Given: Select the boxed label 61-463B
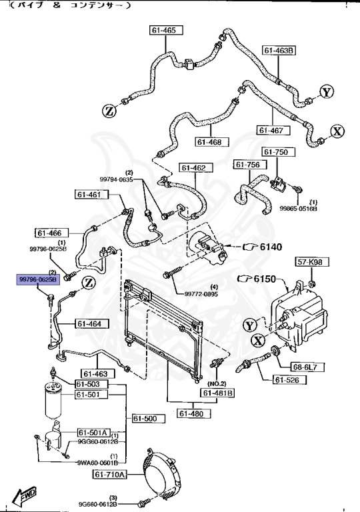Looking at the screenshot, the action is tap(278, 50).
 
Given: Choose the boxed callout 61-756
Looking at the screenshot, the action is tap(249, 165).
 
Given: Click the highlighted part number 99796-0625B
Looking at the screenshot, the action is tap(38, 279).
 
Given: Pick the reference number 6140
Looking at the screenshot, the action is tap(271, 247).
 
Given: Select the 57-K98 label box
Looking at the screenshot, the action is tap(309, 261).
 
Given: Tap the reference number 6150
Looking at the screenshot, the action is tap(265, 279).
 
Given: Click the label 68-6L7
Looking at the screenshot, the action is tap(305, 367).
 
